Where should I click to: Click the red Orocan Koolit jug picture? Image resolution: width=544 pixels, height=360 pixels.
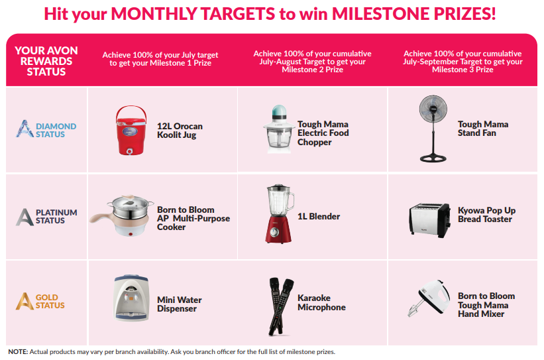pyautogui.click(x=131, y=130)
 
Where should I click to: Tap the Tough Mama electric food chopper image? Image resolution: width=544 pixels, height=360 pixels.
pyautogui.click(x=278, y=129)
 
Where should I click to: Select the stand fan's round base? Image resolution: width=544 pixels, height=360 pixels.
pyautogui.click(x=433, y=158)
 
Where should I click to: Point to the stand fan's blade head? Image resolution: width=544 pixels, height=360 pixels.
pyautogui.click(x=433, y=109)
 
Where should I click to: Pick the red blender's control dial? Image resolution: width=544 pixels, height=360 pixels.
pyautogui.click(x=274, y=232)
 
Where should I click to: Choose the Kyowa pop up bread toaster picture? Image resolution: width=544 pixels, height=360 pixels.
pyautogui.click(x=429, y=219)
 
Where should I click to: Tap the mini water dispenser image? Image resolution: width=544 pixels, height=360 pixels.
pyautogui.click(x=131, y=298)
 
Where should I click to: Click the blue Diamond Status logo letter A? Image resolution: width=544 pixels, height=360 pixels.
pyautogui.click(x=25, y=129)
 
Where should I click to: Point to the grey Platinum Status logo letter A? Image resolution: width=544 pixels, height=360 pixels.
pyautogui.click(x=25, y=217)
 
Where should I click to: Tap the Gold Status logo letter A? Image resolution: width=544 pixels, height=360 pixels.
pyautogui.click(x=25, y=301)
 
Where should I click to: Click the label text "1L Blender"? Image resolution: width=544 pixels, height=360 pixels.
pyautogui.click(x=319, y=216)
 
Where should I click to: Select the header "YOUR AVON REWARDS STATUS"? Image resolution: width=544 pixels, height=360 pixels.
pyautogui.click(x=46, y=61)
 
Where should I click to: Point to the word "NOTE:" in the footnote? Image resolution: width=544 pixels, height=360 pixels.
pyautogui.click(x=18, y=351)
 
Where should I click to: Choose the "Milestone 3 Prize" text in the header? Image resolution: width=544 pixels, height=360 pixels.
pyautogui.click(x=462, y=70)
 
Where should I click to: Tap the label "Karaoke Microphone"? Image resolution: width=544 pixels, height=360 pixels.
pyautogui.click(x=321, y=302)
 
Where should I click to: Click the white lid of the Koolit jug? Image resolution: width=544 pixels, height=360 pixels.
pyautogui.click(x=131, y=122)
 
